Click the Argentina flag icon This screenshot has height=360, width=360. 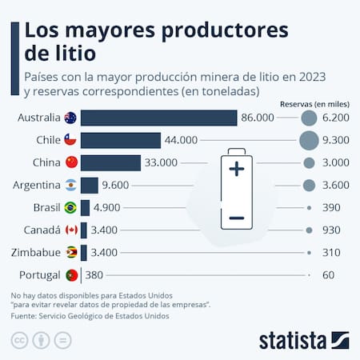tap(70, 186)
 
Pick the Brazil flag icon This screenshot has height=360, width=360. tap(70, 208)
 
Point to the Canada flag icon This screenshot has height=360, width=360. tap(70, 230)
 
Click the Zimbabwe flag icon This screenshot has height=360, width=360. tap(70, 253)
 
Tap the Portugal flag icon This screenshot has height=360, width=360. tap(70, 275)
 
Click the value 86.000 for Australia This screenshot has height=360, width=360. tap(258, 118)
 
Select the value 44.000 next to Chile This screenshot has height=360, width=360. tap(182, 140)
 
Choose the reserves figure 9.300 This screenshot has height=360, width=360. tap(335, 140)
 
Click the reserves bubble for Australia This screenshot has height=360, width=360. tap(309, 118)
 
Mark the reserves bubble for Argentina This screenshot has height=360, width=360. tap(309, 186)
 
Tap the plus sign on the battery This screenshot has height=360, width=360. tap(236, 170)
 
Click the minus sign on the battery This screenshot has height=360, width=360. tap(236, 218)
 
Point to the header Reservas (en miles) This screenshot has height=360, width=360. tap(314, 104)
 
